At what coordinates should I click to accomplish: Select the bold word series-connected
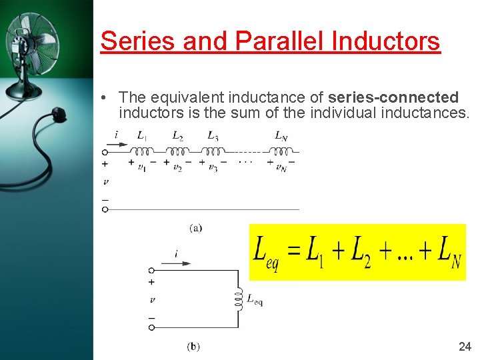pyautogui.click(x=393, y=97)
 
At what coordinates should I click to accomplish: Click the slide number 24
pyautogui.click(x=465, y=346)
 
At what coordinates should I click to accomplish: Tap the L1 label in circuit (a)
pyautogui.click(x=143, y=136)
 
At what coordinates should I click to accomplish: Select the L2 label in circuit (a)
pyautogui.click(x=178, y=136)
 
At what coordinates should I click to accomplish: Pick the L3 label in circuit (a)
pyautogui.click(x=213, y=136)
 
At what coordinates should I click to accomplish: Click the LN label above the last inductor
pyautogui.click(x=281, y=136)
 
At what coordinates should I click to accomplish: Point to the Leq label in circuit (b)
pyautogui.click(x=255, y=301)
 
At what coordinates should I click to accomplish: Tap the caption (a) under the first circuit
pyautogui.click(x=196, y=228)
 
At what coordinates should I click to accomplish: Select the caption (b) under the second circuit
pyautogui.click(x=193, y=346)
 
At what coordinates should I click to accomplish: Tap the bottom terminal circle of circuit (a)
pyautogui.click(x=105, y=209)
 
